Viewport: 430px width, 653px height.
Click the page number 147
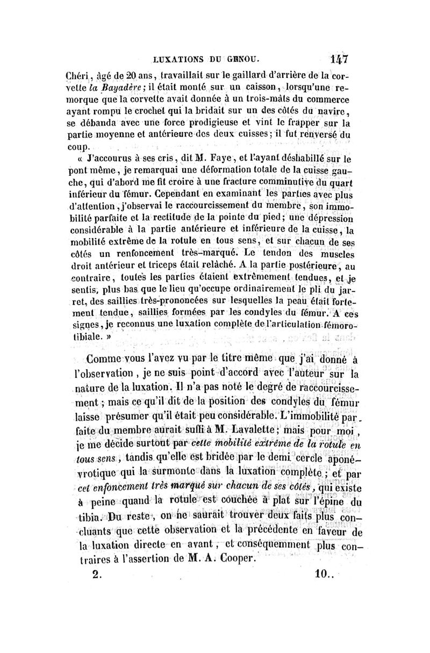pyautogui.click(x=337, y=58)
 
